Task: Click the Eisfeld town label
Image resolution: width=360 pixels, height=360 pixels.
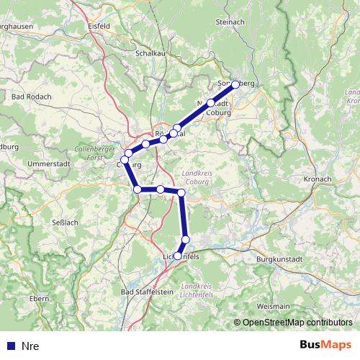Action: (x=98, y=26)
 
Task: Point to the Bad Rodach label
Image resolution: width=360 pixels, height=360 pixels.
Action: (x=30, y=96)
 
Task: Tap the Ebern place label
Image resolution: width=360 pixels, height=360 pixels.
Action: (x=40, y=297)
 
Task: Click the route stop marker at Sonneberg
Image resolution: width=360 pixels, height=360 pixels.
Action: (x=235, y=84)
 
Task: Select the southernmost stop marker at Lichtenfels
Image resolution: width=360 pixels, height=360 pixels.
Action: (x=178, y=256)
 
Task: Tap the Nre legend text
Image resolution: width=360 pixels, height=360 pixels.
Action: (x=30, y=346)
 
